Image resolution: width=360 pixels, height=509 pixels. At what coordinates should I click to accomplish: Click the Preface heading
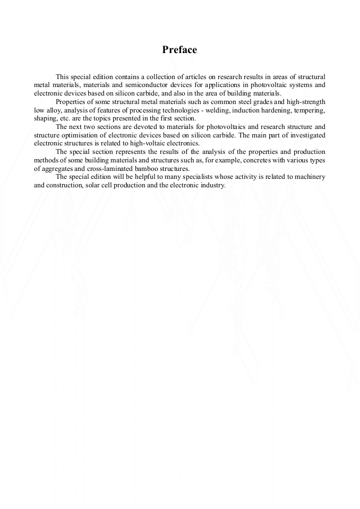[179, 50]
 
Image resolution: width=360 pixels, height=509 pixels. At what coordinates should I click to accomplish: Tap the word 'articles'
[195, 77]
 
